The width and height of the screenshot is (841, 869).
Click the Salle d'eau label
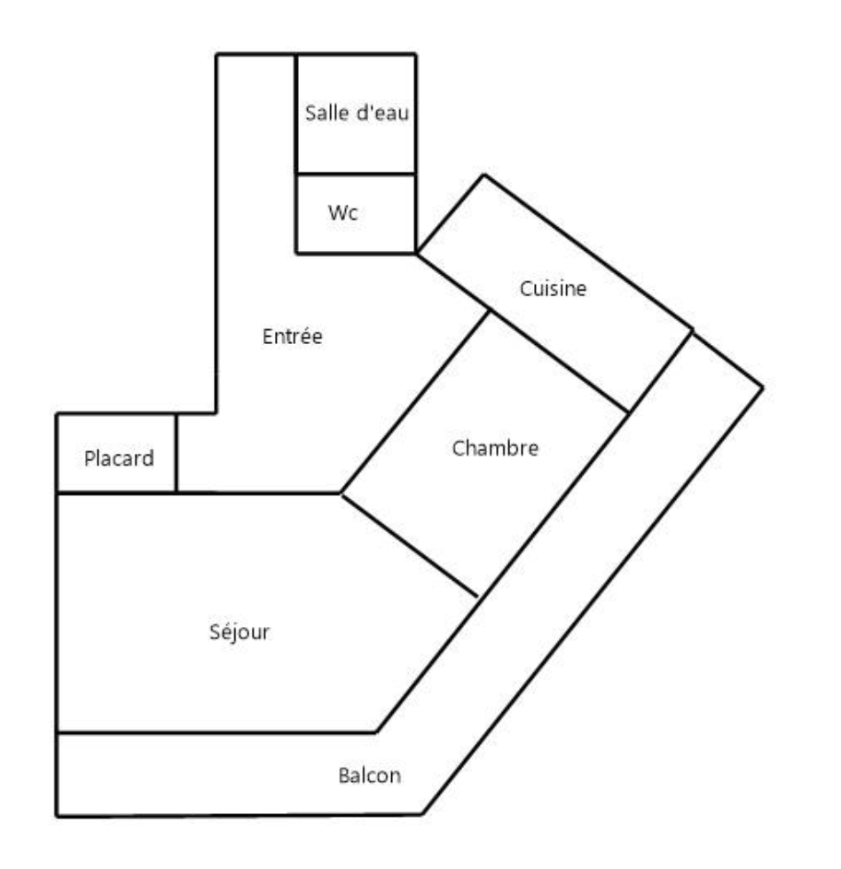coord(356,114)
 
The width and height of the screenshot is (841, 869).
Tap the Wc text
coord(342,214)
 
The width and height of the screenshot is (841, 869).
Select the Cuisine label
coord(553,289)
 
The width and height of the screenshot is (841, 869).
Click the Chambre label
coord(495,449)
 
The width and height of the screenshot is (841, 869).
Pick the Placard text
coord(119,458)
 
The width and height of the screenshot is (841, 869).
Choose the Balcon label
coord(369,776)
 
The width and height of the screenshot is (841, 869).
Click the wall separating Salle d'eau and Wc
coord(355,174)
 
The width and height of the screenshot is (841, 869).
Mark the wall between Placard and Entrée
coord(176,452)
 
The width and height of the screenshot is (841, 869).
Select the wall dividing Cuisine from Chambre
coord(559,362)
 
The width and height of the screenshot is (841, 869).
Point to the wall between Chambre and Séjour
coord(410,545)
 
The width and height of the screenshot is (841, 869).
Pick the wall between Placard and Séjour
coord(115,492)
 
